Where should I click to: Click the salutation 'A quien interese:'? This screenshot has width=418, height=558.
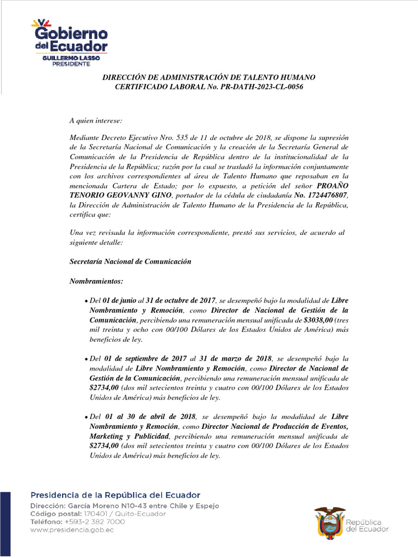click(96, 120)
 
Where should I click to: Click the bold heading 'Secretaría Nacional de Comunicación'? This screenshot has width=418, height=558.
click(131, 262)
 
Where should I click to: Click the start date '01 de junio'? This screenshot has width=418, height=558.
click(120, 301)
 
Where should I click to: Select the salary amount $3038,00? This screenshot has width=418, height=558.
click(314, 320)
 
